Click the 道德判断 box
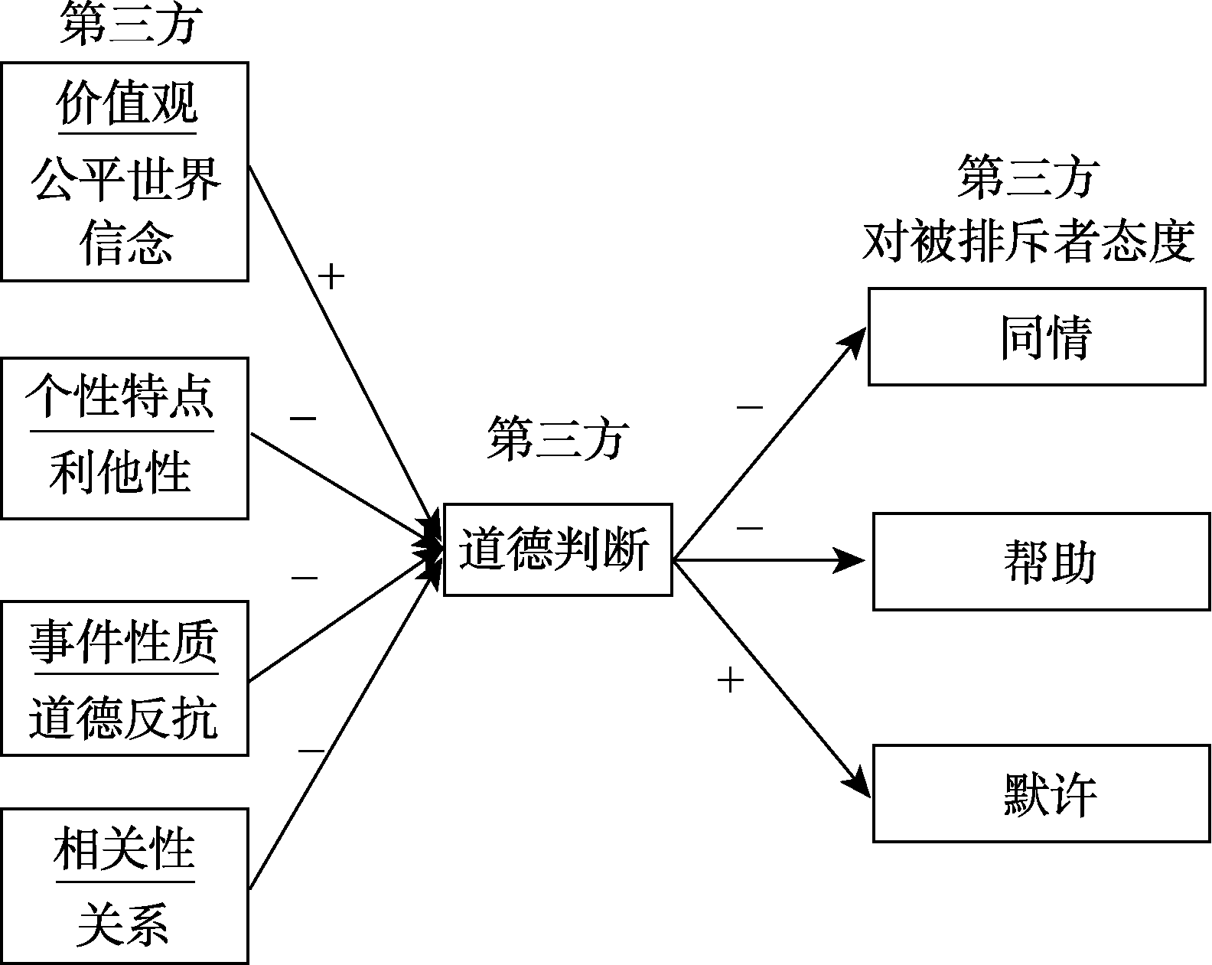coord(558,549)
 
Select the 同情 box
coord(1037,337)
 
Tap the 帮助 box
coord(1041,562)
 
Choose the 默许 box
coord(1041,794)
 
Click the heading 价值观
coord(127,104)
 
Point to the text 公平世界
coord(126,180)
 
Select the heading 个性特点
coord(121,396)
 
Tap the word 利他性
coord(121,471)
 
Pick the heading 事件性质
coord(124,641)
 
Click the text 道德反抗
coord(124,717)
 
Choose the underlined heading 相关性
coord(125,849)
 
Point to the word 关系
coord(123,923)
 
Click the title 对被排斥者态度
coord(1028,242)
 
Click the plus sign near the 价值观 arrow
coord(331,277)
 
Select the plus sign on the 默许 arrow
coord(731,680)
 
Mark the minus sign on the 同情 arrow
coord(750,407)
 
